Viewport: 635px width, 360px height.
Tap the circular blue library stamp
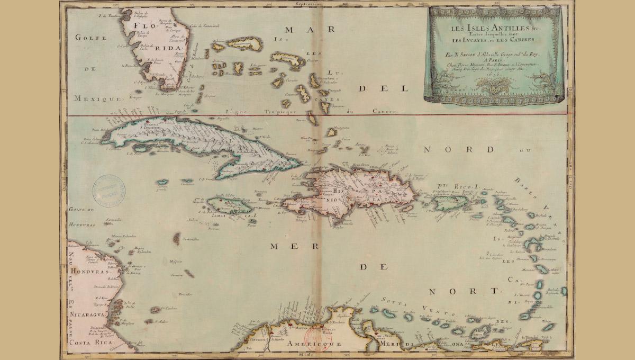coord(109,191)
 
